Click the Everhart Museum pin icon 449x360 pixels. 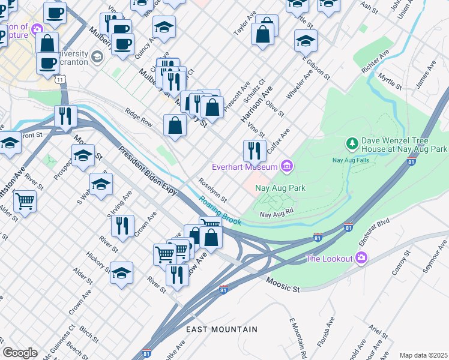(288, 166)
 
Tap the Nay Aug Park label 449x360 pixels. (280, 188)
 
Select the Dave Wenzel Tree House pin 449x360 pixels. (352, 144)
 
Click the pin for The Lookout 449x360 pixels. (361, 259)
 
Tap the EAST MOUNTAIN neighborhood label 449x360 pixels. (221, 329)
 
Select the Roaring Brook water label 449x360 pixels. (220, 212)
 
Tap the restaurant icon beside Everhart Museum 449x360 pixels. (255, 150)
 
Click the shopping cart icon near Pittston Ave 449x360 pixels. (25, 200)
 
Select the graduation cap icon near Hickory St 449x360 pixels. (122, 273)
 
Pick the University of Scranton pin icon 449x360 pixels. (97, 57)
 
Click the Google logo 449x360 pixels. (20, 352)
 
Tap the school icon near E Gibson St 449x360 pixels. (306, 40)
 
